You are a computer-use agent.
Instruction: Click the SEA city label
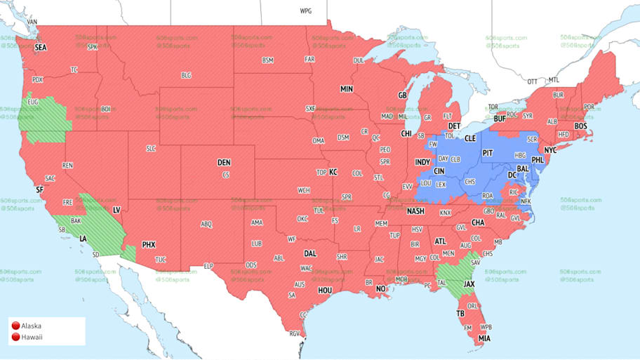pos(40,47)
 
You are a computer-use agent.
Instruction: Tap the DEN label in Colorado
pos(223,162)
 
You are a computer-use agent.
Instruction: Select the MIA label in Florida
pos(483,338)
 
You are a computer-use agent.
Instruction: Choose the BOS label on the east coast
pos(580,126)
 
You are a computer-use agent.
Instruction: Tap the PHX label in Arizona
pos(149,244)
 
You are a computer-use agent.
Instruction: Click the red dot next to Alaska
pos(15,326)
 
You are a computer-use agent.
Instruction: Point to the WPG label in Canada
pos(306,11)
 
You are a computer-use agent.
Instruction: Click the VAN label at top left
pos(32,22)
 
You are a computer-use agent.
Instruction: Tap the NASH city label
pos(415,211)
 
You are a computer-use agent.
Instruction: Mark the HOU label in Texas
pos(325,290)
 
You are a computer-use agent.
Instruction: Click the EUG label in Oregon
pos(33,102)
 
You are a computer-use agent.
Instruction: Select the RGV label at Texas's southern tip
pos(295,333)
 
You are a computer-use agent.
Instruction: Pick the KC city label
pos(333,172)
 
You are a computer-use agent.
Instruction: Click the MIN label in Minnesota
pos(347,89)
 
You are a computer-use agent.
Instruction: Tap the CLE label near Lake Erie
pos(471,139)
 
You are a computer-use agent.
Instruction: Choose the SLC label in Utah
pos(151,149)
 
